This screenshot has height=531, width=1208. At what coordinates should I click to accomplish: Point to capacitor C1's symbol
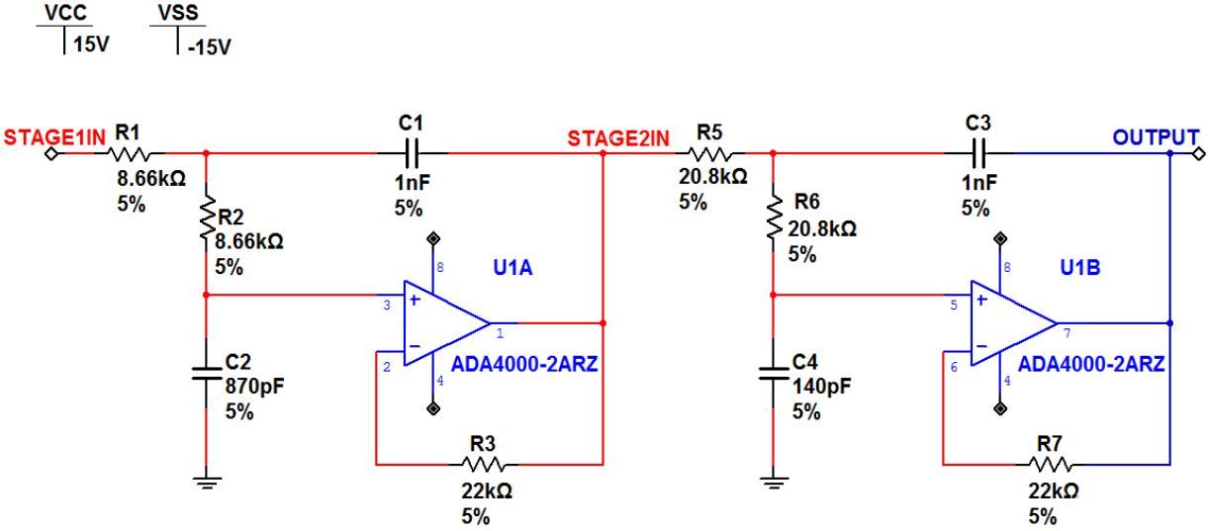tap(411, 153)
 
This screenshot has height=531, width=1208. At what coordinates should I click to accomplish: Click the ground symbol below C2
tap(205, 482)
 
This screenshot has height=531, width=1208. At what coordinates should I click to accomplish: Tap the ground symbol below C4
tap(772, 482)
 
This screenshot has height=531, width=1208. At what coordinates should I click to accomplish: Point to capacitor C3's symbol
tap(977, 153)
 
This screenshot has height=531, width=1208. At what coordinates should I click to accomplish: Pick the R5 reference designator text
tap(709, 132)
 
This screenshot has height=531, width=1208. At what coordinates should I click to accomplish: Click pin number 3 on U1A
tap(387, 307)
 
